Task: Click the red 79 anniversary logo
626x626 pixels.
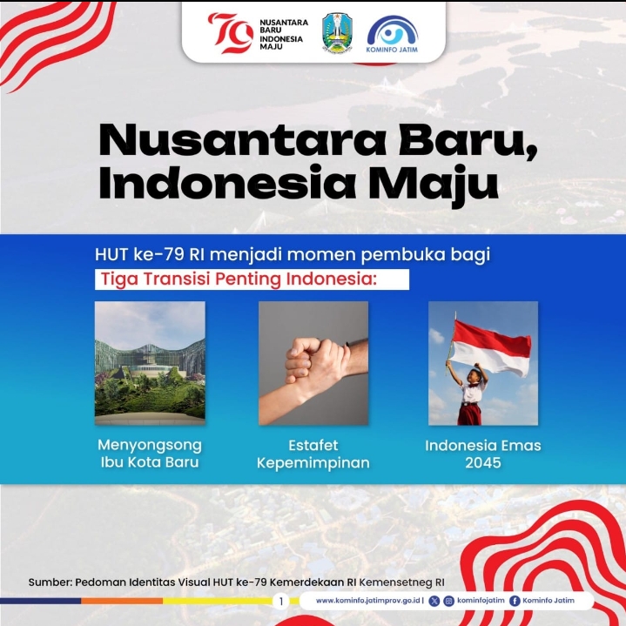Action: pyautogui.click(x=231, y=33)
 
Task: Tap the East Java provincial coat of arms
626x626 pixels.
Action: pyautogui.click(x=337, y=33)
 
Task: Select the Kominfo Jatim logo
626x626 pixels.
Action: pyautogui.click(x=392, y=34)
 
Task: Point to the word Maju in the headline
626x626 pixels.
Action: pyautogui.click(x=434, y=185)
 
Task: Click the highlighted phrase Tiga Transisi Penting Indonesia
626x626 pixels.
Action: pyautogui.click(x=239, y=279)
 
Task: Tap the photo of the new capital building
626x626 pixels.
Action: pyautogui.click(x=150, y=363)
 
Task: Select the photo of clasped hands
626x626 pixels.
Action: pyautogui.click(x=313, y=363)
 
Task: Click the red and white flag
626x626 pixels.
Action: pyautogui.click(x=491, y=347)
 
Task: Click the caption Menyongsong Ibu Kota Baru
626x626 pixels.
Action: pyautogui.click(x=150, y=454)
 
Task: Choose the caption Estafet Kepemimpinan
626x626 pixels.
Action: pyautogui.click(x=313, y=454)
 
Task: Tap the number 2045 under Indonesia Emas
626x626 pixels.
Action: pyautogui.click(x=483, y=462)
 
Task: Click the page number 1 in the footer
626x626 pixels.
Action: pyautogui.click(x=281, y=602)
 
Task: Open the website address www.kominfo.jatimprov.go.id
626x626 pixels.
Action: pyautogui.click(x=367, y=601)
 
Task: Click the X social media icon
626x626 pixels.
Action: pyautogui.click(x=434, y=601)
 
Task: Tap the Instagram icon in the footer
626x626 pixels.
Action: pyautogui.click(x=448, y=601)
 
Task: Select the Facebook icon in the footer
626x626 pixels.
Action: pyautogui.click(x=515, y=601)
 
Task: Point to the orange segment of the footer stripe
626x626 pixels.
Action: pyautogui.click(x=122, y=601)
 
